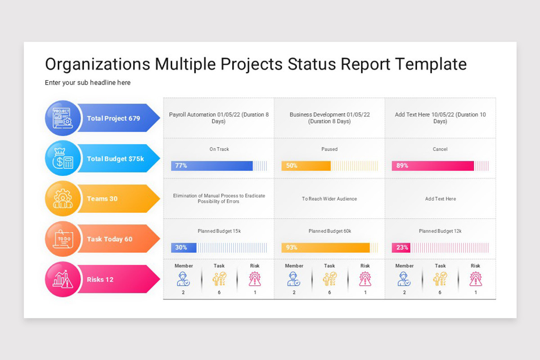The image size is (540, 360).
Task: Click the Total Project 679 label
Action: click(113, 118)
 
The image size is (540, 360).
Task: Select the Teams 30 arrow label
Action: click(102, 198)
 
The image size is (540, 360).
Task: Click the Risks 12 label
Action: click(100, 279)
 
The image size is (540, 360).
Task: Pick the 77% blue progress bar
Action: click(212, 166)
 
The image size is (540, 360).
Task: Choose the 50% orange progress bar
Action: click(306, 166)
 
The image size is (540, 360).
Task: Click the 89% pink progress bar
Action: click(433, 166)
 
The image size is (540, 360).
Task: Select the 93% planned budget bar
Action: click(325, 247)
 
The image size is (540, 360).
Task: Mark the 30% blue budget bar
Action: click(184, 247)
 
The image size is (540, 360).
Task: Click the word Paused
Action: click(329, 149)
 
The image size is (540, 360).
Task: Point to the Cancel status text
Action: click(440, 149)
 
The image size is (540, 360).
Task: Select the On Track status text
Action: click(219, 149)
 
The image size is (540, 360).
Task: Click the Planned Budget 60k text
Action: click(329, 231)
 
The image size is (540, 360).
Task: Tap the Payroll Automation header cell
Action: click(219, 118)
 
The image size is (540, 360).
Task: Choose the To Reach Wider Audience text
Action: click(329, 198)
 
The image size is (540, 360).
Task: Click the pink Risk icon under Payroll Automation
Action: click(255, 279)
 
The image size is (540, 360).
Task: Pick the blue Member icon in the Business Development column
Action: click(294, 279)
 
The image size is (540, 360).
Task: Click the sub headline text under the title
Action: click(88, 83)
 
